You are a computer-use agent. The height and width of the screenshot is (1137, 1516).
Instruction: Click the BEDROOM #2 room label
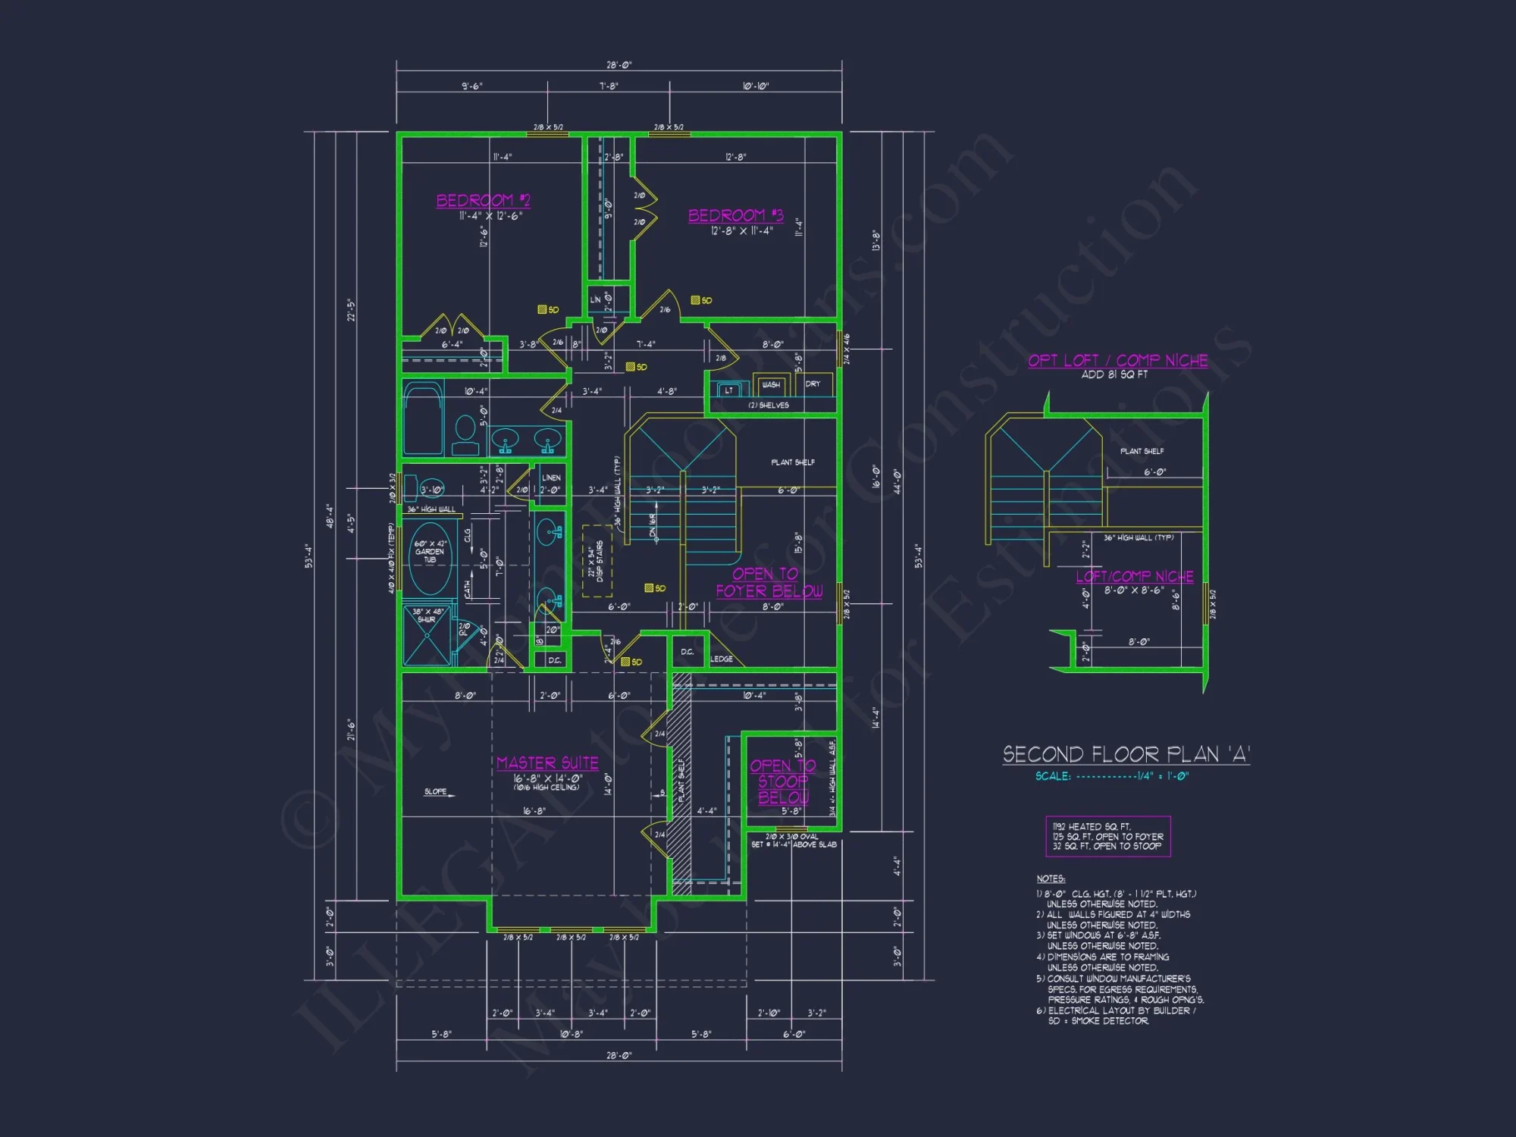click(483, 200)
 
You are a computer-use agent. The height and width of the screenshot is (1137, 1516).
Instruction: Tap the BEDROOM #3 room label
click(735, 215)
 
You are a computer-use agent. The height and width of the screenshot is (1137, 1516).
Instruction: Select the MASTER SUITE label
click(547, 763)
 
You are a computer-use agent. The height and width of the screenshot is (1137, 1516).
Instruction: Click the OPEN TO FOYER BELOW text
click(768, 582)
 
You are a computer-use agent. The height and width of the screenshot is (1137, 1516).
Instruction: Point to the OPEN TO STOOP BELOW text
click(783, 781)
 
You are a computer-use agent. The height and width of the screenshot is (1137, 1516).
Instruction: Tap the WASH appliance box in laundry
click(771, 385)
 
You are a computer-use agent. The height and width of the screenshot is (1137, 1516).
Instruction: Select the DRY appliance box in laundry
click(813, 384)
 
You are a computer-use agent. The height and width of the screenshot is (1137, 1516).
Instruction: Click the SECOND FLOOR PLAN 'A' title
click(1126, 754)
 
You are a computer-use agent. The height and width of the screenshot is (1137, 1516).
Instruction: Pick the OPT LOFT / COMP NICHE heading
click(1117, 361)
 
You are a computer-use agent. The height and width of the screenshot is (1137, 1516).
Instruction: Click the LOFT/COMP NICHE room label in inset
click(1134, 577)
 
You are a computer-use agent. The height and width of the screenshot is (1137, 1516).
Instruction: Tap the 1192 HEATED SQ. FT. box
click(1107, 836)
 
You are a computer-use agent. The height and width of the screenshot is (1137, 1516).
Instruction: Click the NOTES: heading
click(1051, 879)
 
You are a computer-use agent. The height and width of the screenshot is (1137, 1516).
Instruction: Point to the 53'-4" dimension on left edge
click(309, 556)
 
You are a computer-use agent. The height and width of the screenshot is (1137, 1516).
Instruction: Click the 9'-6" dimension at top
click(471, 86)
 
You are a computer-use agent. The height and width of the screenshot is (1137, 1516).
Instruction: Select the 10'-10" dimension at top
click(755, 86)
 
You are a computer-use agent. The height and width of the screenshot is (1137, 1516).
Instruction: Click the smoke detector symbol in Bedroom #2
click(543, 309)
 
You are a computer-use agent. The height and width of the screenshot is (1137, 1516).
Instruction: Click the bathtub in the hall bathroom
click(422, 418)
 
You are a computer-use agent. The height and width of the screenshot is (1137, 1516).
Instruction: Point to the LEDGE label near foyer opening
click(722, 659)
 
